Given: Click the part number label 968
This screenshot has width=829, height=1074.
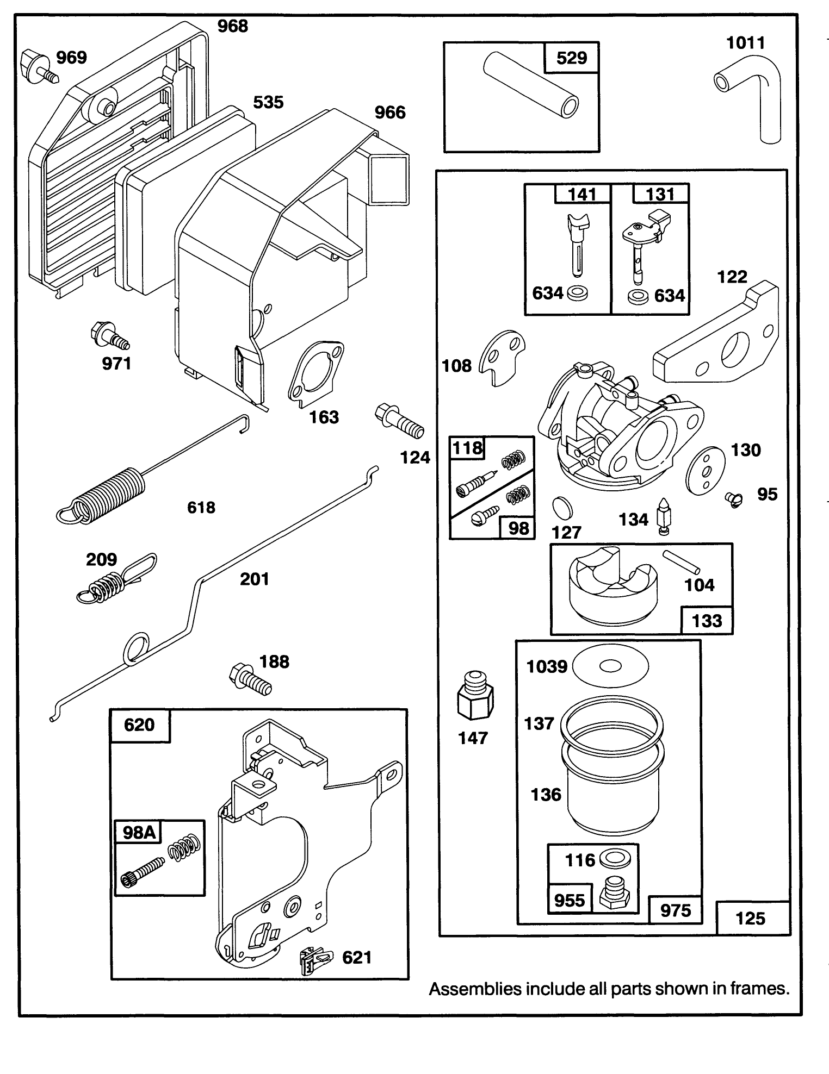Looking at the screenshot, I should pyautogui.click(x=232, y=26).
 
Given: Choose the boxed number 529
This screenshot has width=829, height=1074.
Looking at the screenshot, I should pyautogui.click(x=572, y=58).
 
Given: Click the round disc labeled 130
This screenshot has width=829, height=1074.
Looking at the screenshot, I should pyautogui.click(x=706, y=470).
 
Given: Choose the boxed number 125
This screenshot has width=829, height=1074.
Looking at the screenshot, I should pyautogui.click(x=750, y=919).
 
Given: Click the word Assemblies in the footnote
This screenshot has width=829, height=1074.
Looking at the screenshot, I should pyautogui.click(x=474, y=989).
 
